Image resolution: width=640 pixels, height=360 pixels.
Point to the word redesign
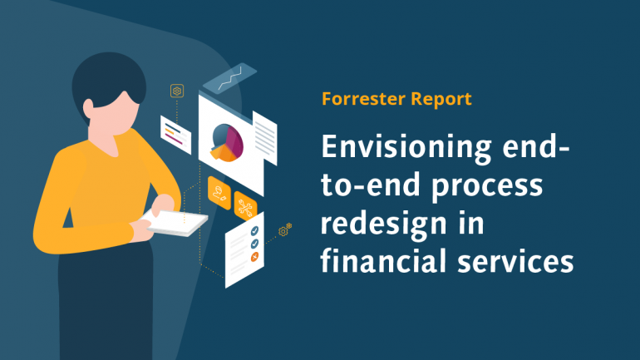pyautogui.click(x=379, y=225)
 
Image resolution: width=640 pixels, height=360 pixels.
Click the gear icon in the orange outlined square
pyautogui.click(x=176, y=90)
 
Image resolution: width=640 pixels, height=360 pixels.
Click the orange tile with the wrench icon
pyautogui.click(x=245, y=205)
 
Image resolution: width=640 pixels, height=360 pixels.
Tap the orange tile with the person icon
pyautogui.click(x=219, y=190)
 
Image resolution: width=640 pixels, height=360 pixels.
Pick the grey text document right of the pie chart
pyautogui.click(x=265, y=132)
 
